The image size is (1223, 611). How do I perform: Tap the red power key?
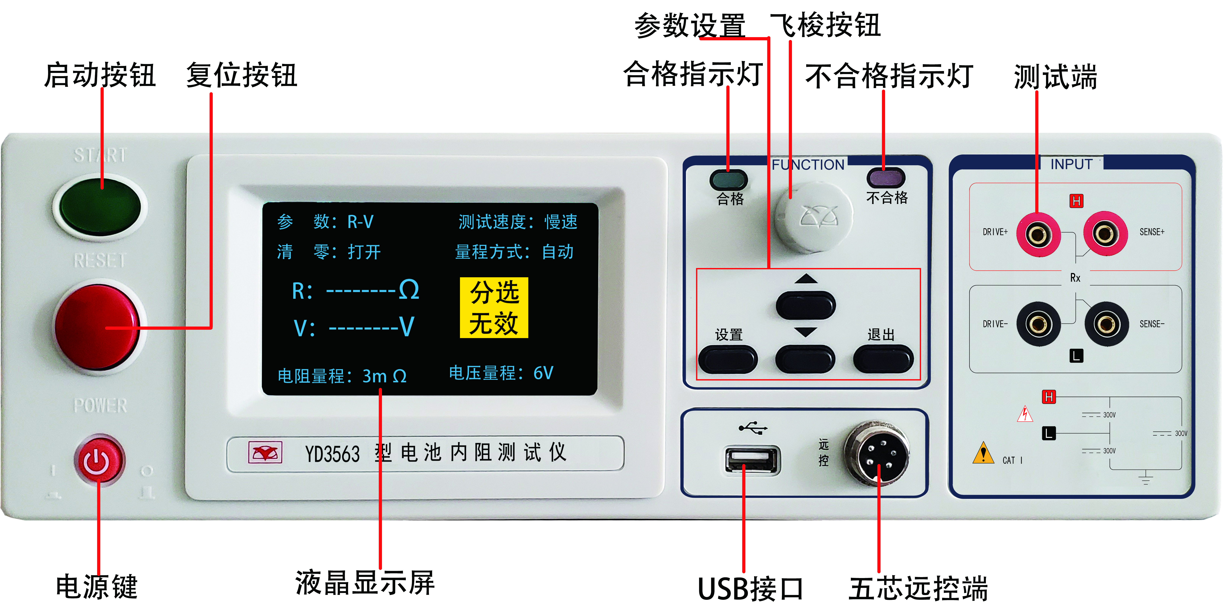coord(99,460)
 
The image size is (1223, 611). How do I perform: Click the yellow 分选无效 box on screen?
coord(494,307)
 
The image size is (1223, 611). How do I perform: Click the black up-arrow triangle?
coord(806,279)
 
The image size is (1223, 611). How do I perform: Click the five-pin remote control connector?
coord(876,454)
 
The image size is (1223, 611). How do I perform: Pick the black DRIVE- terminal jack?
coord(1038,324)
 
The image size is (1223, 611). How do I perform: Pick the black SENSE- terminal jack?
coord(1107,324)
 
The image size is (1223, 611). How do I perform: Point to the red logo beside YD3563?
coord(265,452)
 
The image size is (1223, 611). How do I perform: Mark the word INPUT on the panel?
coord(1071,164)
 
